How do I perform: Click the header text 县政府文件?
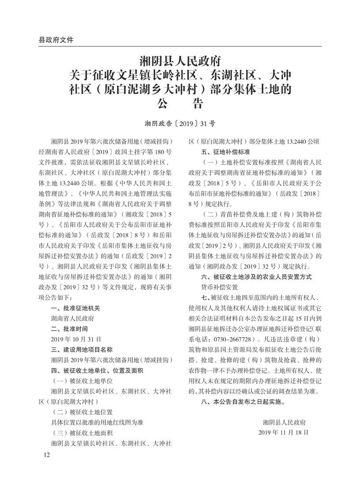point(56,39)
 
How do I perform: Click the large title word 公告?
point(180,105)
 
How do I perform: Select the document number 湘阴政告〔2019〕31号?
point(180,124)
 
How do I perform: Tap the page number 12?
point(47,455)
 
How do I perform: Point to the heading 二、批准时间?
point(70,328)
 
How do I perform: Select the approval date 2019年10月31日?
point(76,339)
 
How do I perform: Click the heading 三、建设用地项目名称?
point(82,350)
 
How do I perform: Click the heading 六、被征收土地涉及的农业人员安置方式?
point(256,277)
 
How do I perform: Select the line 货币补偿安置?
point(219,287)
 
